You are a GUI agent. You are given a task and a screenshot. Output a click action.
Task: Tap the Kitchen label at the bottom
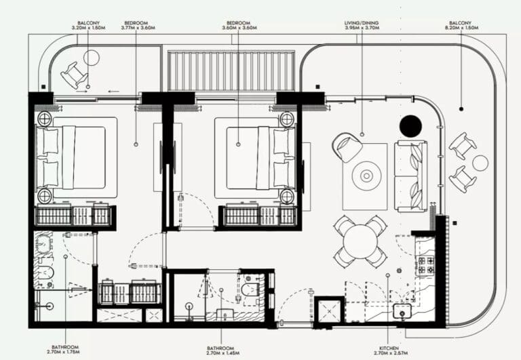click(392, 348)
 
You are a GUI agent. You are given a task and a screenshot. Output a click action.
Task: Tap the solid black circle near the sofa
click(410, 126)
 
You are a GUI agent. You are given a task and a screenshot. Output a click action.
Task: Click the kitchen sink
click(402, 313)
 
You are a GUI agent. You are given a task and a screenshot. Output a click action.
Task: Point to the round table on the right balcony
click(480, 163)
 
